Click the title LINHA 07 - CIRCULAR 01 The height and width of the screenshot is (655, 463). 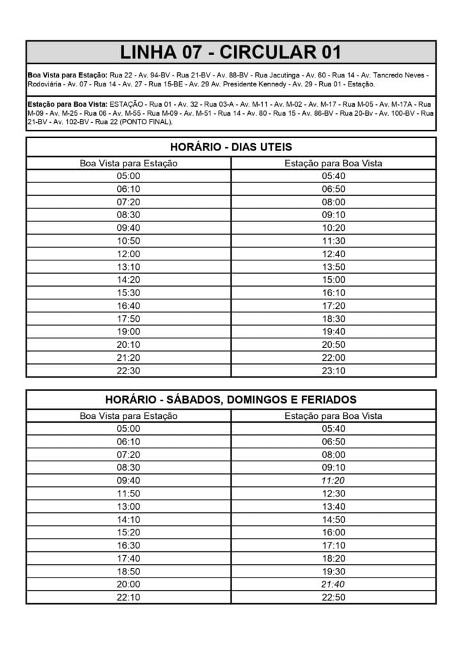coord(231,52)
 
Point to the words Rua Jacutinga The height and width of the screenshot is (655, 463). coord(276,75)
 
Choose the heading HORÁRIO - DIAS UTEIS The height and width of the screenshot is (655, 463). coord(231,147)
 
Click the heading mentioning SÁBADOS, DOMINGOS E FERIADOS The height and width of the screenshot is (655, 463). coord(231,400)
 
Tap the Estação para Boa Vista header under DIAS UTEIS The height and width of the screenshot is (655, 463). coord(333,163)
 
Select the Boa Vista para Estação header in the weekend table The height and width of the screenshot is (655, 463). coord(129,416)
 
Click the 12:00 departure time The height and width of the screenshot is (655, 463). coord(129,254)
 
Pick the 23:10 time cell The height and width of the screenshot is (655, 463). coord(333,370)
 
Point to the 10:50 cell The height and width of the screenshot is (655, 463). coord(129,241)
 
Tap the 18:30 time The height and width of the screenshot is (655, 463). coord(333,319)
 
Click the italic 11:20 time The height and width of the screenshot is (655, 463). coord(333,480)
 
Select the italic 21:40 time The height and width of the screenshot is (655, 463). coord(333,584)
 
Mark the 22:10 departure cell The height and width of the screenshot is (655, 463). coord(129,597)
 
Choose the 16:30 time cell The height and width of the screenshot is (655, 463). coord(129,545)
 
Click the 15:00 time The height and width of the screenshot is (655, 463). coord(333,280)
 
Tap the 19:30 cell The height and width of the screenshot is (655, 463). coord(333,571)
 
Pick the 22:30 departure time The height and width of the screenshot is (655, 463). coord(129,370)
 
